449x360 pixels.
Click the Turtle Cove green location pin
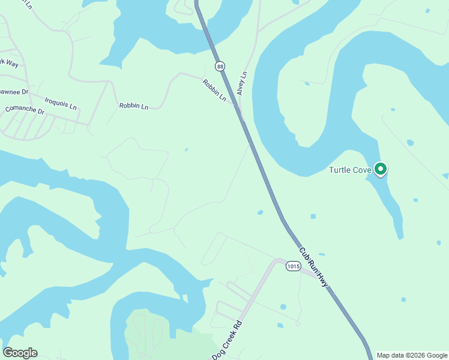tap(380, 169)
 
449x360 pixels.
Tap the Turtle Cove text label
tap(350, 170)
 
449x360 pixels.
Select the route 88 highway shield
tap(220, 66)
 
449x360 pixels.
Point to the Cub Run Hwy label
tap(313, 267)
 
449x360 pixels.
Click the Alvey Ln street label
tap(242, 83)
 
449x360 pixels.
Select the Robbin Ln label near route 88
tap(214, 90)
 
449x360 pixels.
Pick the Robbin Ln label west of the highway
tap(133, 106)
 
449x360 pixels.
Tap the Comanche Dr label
tap(25, 110)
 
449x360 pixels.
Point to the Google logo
tap(20, 353)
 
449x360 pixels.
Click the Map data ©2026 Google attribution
tap(411, 355)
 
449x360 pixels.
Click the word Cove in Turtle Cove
tap(362, 170)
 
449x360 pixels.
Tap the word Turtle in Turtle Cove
tap(339, 170)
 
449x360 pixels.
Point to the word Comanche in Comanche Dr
tap(20, 110)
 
